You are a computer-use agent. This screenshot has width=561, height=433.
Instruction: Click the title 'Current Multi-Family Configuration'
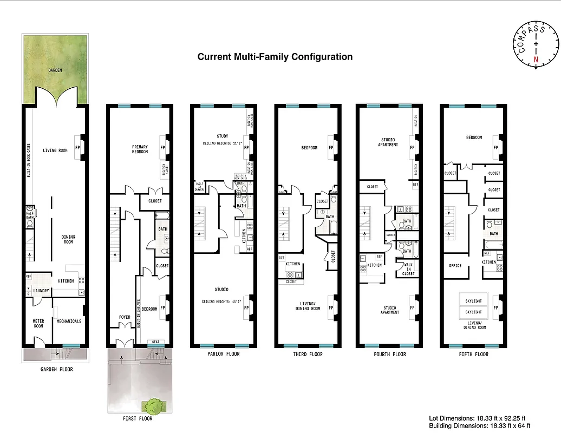click(x=275, y=57)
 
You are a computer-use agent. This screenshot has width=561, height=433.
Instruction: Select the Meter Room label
click(x=38, y=324)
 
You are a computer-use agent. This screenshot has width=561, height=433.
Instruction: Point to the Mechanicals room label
click(x=69, y=322)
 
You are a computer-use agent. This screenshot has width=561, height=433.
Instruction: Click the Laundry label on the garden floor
click(x=41, y=291)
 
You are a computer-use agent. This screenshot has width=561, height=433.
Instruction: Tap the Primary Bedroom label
click(x=140, y=149)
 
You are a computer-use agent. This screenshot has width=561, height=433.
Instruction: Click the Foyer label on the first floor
click(x=125, y=318)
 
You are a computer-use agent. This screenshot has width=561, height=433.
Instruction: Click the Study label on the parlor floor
click(x=222, y=136)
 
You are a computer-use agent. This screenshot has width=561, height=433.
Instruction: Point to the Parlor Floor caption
click(x=223, y=355)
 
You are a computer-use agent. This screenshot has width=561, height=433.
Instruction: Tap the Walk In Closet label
click(x=408, y=269)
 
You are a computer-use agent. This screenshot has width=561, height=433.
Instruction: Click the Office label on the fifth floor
click(x=455, y=266)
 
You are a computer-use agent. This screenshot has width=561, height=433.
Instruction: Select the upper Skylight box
click(x=473, y=299)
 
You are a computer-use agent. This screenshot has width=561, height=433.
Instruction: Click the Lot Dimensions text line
click(x=473, y=418)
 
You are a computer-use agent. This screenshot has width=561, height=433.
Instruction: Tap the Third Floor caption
click(x=308, y=355)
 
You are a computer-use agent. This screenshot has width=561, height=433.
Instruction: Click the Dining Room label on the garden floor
click(x=68, y=240)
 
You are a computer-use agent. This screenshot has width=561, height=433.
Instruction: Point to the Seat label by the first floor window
click(x=155, y=342)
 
